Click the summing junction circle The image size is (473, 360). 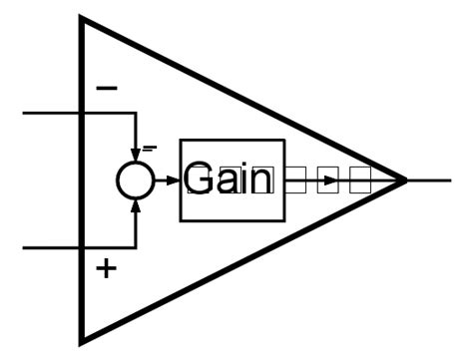[135, 180]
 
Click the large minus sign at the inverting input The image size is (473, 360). [106, 89]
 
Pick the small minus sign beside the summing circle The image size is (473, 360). [150, 148]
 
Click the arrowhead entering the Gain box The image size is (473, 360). [173, 180]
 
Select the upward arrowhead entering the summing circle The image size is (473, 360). [135, 204]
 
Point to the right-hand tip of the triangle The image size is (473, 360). [404, 180]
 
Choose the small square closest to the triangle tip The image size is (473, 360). [360, 180]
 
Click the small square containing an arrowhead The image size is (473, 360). [327, 180]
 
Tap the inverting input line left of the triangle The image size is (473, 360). [50, 113]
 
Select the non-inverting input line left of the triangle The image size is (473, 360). [50, 246]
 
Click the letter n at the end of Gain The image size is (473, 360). [261, 182]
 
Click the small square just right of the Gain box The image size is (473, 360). [295, 180]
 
